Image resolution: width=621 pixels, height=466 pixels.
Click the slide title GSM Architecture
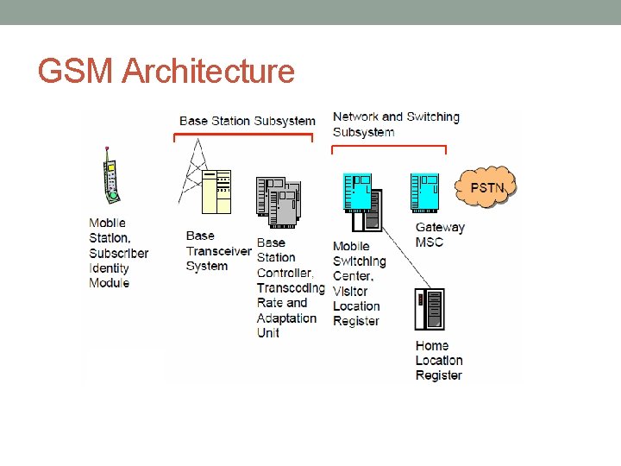click(x=166, y=72)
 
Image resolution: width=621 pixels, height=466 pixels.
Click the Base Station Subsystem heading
click(x=247, y=121)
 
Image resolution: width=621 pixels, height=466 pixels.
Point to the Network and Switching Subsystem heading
click(x=395, y=124)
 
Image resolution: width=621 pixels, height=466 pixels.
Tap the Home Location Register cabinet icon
click(x=430, y=309)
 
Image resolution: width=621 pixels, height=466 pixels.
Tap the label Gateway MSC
click(x=440, y=235)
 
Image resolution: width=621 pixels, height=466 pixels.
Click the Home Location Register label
click(x=439, y=361)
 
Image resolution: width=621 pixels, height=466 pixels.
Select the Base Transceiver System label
click(x=218, y=250)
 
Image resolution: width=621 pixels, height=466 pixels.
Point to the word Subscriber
click(x=118, y=254)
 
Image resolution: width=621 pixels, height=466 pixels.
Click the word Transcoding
click(x=291, y=288)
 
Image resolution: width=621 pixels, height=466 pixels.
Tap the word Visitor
click(x=352, y=291)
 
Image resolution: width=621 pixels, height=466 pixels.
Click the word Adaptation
click(x=286, y=318)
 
